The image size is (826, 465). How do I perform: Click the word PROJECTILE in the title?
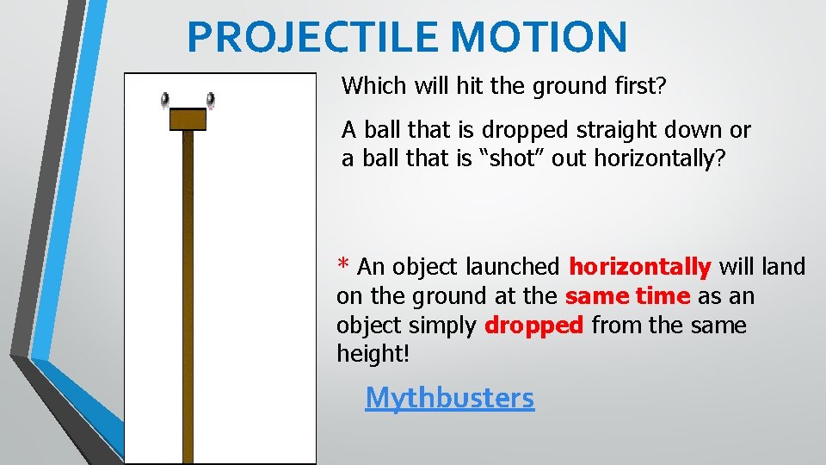[x=314, y=37]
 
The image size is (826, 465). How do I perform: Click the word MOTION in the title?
[x=539, y=37]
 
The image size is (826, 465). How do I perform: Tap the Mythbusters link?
[x=449, y=397]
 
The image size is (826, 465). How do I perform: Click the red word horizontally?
[x=640, y=267]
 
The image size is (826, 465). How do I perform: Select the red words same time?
[x=627, y=296]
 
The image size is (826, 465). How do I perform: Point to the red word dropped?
[x=534, y=325]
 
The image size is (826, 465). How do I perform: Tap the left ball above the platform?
[x=165, y=101]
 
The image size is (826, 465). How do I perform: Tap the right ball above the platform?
[x=210, y=101]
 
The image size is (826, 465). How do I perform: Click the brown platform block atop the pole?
[x=188, y=120]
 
